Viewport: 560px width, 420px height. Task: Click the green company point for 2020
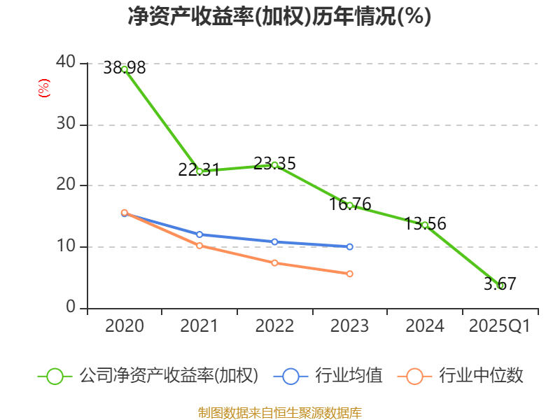pos(125,69)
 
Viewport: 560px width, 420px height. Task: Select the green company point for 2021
pos(199,171)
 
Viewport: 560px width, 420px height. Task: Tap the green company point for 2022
pos(274,165)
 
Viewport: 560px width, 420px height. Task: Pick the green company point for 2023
pos(349,205)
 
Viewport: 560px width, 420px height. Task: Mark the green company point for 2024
pos(425,225)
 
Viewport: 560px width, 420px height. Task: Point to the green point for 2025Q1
pos(500,286)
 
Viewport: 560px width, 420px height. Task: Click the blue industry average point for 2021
pos(199,234)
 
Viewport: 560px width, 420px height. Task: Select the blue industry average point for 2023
pos(349,246)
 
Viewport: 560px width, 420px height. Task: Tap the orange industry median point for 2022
pos(274,263)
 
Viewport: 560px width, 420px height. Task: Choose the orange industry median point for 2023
pos(349,274)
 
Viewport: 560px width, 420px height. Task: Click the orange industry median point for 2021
pos(199,246)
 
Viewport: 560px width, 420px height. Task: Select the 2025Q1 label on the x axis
pos(499,326)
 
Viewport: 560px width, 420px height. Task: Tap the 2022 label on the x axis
pos(274,326)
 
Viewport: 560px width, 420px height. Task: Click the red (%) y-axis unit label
pos(44,89)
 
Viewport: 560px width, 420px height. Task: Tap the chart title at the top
pos(279,16)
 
